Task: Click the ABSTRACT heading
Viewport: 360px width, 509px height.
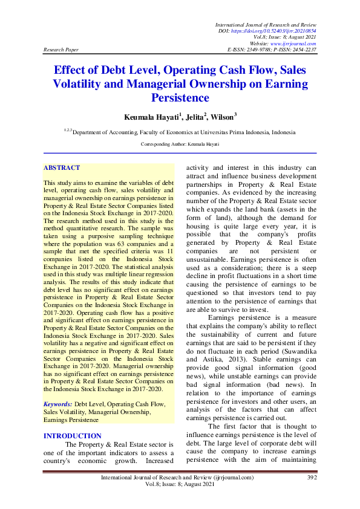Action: click(62, 168)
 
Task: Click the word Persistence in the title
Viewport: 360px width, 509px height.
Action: click(179, 97)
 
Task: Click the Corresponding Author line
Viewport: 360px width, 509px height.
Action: click(180, 145)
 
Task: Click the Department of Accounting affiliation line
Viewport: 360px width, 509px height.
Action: click(180, 131)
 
